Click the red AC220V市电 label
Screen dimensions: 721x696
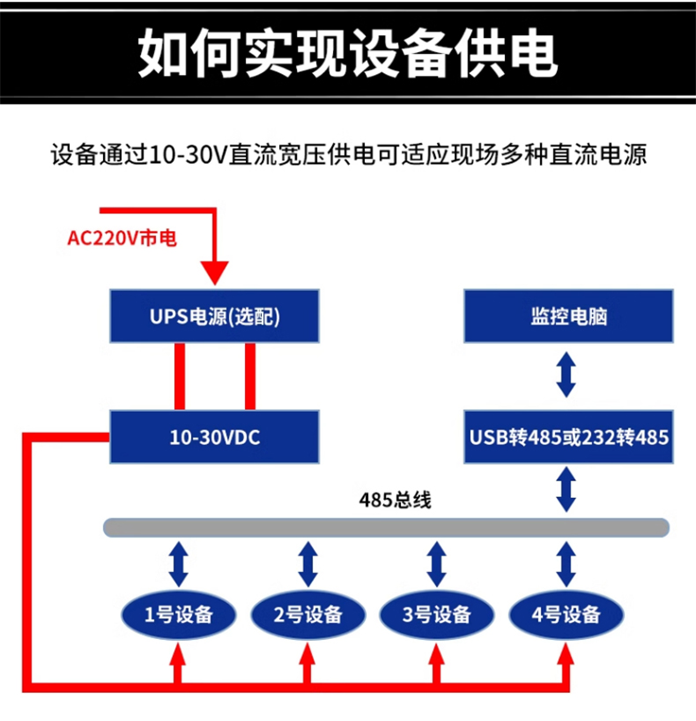[x=122, y=238]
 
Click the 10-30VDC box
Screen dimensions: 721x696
[x=214, y=436]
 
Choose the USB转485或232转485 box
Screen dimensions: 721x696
[x=568, y=436]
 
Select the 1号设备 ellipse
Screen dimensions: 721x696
[x=179, y=614]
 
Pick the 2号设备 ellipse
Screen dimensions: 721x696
[x=307, y=614]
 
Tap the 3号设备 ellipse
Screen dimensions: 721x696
[x=436, y=614]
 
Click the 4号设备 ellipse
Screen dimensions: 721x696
[x=566, y=614]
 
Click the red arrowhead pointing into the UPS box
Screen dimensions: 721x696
[x=214, y=271]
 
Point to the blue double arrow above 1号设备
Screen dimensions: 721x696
[x=179, y=565]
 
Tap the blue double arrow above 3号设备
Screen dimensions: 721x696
[x=436, y=565]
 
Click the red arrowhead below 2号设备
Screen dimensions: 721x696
[x=307, y=658]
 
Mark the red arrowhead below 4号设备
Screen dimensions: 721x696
[x=566, y=658]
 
